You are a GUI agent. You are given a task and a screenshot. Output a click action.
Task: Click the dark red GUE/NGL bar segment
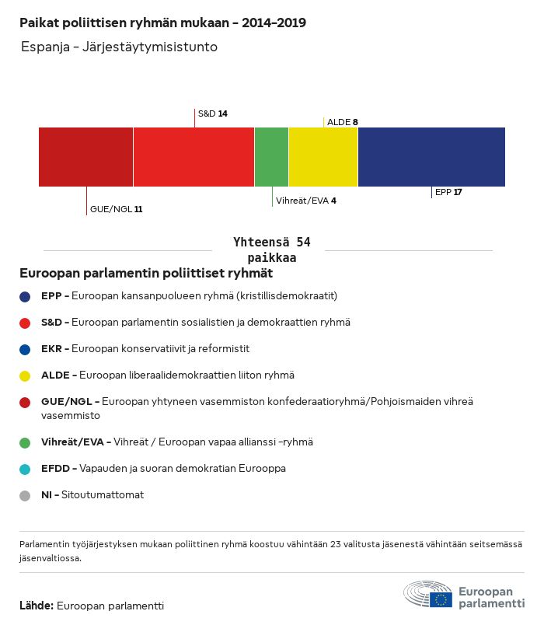85,157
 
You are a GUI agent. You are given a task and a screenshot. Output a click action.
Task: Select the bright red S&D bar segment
194,157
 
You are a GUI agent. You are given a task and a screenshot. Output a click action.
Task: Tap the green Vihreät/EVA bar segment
271,157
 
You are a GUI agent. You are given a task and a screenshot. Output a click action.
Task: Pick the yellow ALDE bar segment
323,157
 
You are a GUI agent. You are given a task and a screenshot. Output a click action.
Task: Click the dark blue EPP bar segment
431,157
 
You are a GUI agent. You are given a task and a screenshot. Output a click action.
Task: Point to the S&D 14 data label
212,113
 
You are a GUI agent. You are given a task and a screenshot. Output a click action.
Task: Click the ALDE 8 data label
342,122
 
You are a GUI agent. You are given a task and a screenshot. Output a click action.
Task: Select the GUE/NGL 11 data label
116,209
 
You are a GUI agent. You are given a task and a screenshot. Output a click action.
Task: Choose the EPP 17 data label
448,192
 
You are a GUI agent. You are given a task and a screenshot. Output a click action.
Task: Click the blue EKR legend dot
26,349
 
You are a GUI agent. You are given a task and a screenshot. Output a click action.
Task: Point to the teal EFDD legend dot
26,469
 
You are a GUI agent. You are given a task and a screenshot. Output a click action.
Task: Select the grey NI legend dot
26,495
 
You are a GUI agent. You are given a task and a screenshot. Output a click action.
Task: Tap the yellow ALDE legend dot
26,375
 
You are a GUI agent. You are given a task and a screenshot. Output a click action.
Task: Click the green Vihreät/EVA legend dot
26,442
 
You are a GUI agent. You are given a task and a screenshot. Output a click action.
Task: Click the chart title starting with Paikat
162,23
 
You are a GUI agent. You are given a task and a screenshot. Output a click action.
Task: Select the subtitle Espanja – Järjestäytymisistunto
120,47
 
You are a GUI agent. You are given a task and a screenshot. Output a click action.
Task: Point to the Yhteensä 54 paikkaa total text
272,250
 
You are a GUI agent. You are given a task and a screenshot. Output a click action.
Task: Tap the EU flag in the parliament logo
441,599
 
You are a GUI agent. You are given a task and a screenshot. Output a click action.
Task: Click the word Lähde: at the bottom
36,606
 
